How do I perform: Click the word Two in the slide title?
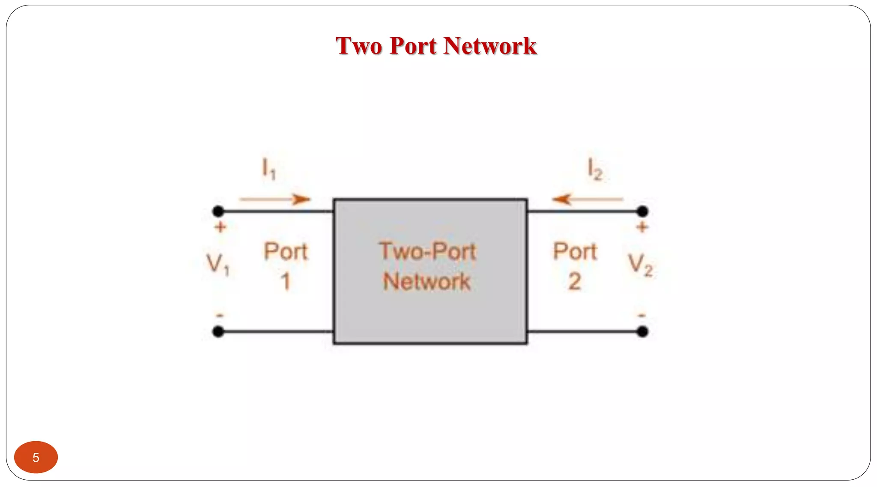359,46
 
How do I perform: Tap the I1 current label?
269,168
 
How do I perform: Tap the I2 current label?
595,169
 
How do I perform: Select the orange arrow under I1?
275,199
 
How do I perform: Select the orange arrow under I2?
587,199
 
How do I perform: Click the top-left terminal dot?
218,211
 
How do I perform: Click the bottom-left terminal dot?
218,331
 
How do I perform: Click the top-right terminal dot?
642,211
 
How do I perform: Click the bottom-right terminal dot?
642,331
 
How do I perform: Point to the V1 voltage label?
218,264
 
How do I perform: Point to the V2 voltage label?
640,264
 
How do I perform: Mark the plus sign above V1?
220,227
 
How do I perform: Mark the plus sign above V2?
641,227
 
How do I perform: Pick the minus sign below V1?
220,315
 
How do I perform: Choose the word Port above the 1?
286,251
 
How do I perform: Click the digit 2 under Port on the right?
575,282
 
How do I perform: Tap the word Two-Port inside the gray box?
427,251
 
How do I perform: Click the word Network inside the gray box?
427,282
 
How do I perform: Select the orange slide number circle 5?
36,457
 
